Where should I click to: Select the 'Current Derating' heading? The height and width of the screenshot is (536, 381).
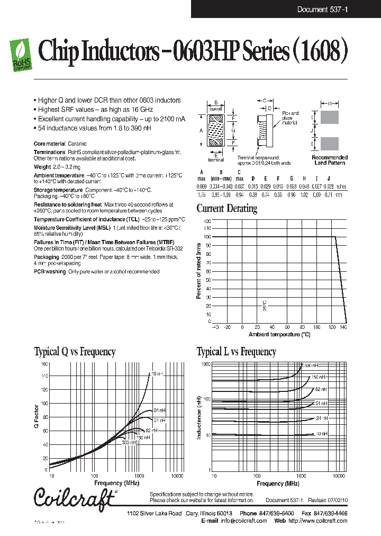click(x=226, y=208)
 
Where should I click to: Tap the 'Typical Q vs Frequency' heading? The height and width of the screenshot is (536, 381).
click(x=75, y=352)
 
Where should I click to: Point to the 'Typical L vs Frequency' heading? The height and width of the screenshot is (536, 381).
click(x=236, y=352)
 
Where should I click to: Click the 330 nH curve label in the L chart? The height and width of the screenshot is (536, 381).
click(x=311, y=365)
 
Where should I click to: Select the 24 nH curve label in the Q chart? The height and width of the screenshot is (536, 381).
click(x=159, y=410)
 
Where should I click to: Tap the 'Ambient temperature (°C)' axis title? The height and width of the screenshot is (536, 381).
click(x=279, y=334)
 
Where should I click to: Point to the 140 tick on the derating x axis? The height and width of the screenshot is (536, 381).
click(x=343, y=327)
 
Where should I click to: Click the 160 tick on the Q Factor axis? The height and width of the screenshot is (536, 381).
click(x=44, y=364)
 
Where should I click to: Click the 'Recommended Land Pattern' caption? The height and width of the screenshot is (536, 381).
click(x=330, y=160)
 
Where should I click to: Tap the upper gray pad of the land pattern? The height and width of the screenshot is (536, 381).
click(x=330, y=118)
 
